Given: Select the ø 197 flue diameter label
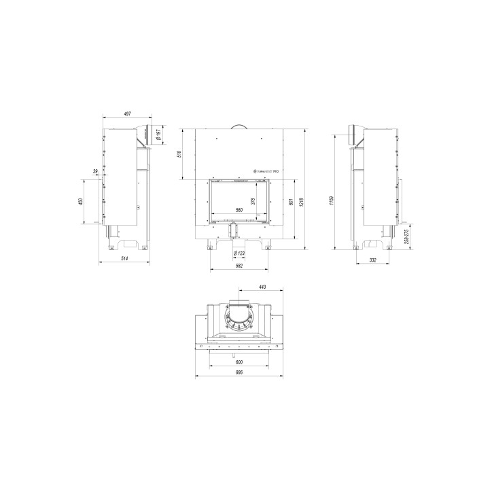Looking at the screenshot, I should click(x=157, y=135).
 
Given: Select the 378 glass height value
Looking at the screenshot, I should click(x=253, y=200).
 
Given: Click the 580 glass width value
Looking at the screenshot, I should click(x=239, y=210).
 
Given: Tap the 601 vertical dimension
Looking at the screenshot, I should click(x=290, y=202).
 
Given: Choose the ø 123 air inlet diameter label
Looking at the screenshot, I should click(x=239, y=253).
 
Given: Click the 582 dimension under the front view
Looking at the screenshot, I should click(x=239, y=266).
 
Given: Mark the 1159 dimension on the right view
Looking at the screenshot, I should click(x=331, y=200).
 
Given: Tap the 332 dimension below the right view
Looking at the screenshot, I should click(x=373, y=260).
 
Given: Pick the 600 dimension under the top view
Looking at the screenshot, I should click(x=239, y=362).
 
